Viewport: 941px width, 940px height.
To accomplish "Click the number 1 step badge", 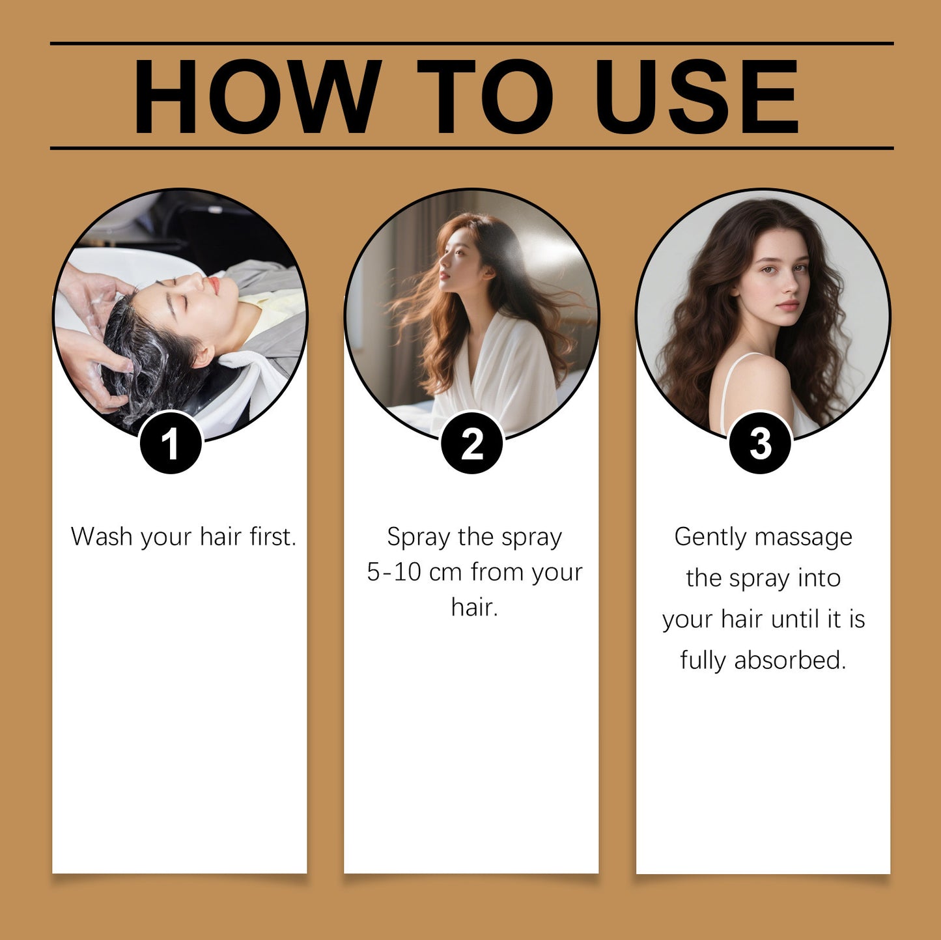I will (x=171, y=444).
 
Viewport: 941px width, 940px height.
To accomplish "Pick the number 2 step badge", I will (x=472, y=444).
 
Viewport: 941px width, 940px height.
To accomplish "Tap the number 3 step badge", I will (x=760, y=444).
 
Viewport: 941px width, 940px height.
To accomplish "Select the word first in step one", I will (x=273, y=537).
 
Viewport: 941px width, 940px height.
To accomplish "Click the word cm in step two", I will (x=445, y=572).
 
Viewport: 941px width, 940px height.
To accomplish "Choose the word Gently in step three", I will (x=710, y=537).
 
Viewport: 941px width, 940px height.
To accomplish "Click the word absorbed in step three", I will (x=790, y=661).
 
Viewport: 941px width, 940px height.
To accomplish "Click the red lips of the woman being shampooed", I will (x=214, y=284).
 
